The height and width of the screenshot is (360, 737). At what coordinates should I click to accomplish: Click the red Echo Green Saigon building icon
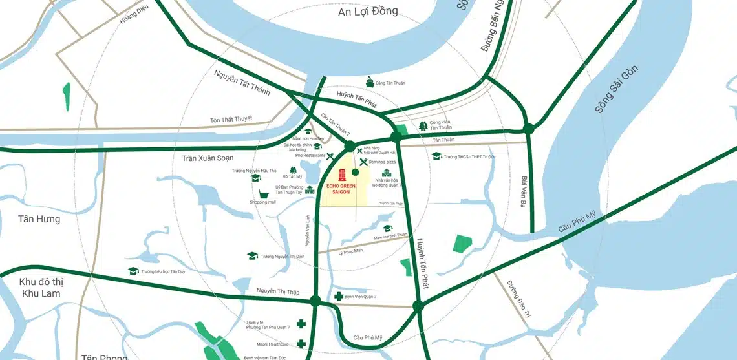point(342,175)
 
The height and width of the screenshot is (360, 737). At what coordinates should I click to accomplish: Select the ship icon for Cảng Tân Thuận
point(370,82)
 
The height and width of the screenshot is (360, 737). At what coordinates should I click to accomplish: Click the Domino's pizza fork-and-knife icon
point(363,161)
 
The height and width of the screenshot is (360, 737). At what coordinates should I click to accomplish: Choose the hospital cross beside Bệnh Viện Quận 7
point(338,297)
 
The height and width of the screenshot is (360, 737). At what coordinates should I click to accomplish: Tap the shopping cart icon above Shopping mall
point(264,194)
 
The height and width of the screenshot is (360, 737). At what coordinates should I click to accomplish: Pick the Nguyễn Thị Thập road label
point(277,291)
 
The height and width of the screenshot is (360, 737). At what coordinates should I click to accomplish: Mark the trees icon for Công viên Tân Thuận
point(423,125)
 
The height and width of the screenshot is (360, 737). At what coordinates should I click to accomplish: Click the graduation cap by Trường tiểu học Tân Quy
point(133,271)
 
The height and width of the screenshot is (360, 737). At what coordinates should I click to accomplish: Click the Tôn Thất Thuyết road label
point(231,120)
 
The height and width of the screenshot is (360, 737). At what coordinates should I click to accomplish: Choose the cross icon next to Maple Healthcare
point(301,344)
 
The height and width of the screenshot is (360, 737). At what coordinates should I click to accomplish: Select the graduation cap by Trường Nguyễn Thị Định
point(252,256)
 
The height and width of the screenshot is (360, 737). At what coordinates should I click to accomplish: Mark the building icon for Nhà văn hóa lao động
point(387,173)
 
